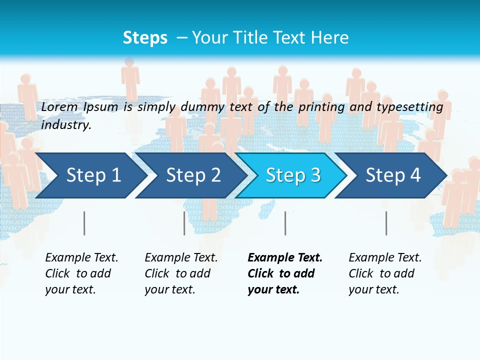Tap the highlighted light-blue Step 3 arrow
(292, 175)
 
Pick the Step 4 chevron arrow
(392, 175)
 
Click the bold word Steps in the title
(145, 38)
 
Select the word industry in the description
(66, 124)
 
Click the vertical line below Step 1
(84, 223)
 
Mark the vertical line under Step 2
(184, 223)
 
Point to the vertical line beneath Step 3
(285, 223)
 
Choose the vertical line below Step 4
(386, 223)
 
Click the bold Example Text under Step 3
(285, 258)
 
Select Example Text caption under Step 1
(81, 258)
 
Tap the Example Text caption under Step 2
(181, 258)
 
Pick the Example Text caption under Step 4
(385, 258)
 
